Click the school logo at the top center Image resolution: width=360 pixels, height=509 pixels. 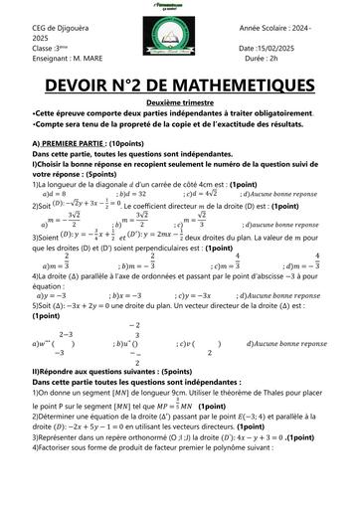[x=179, y=39]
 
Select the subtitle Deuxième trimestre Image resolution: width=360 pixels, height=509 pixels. [x=180, y=102]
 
